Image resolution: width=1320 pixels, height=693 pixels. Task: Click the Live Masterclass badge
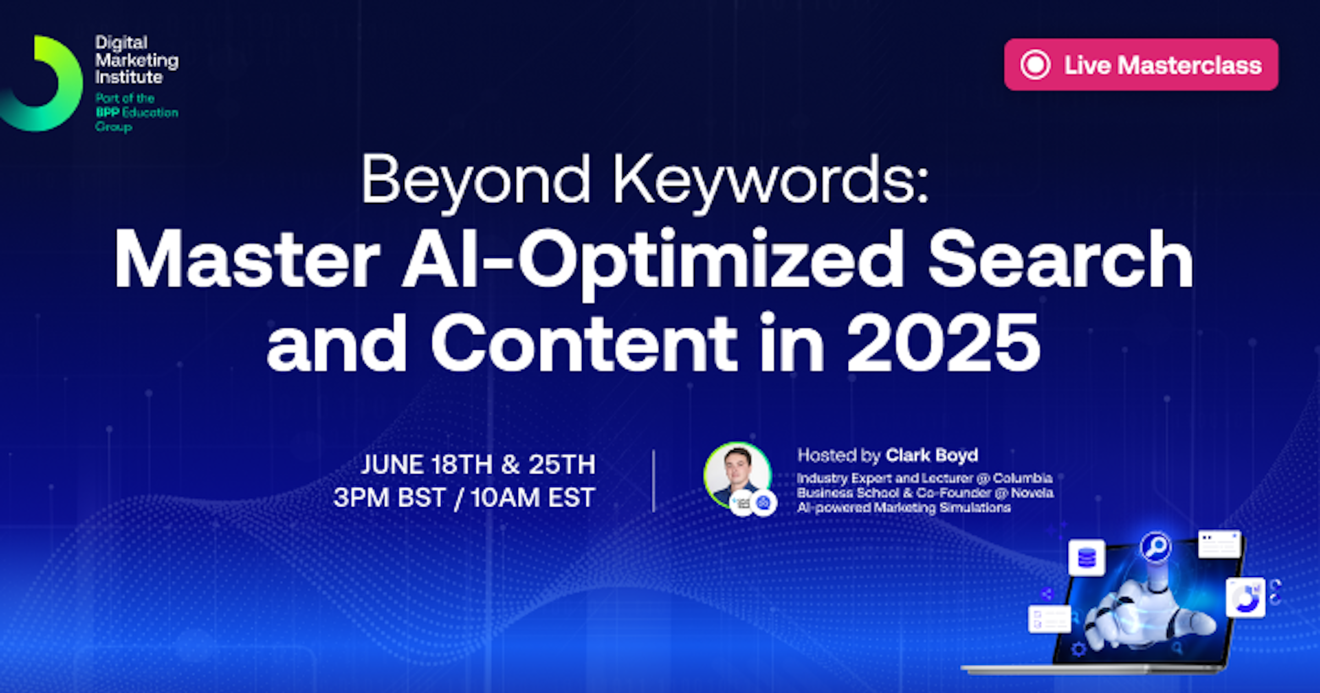(x=1141, y=64)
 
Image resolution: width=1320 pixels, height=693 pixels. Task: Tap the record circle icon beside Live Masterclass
(x=1035, y=64)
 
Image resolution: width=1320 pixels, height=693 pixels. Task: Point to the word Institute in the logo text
(x=129, y=78)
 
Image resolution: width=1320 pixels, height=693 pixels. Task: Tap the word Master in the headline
(x=247, y=259)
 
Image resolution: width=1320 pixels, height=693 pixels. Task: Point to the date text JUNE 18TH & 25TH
(x=478, y=465)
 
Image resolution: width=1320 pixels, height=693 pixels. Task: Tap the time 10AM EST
(x=532, y=498)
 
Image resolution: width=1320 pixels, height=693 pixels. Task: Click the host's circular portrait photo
(x=738, y=476)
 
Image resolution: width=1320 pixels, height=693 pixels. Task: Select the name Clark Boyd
(x=932, y=455)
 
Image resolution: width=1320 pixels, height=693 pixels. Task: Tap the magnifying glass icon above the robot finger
(x=1156, y=547)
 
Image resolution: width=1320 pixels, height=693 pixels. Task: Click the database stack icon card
(x=1087, y=558)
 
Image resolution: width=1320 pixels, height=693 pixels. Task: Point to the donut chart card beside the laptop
(x=1246, y=598)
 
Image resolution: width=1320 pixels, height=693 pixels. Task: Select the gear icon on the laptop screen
(x=1079, y=650)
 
